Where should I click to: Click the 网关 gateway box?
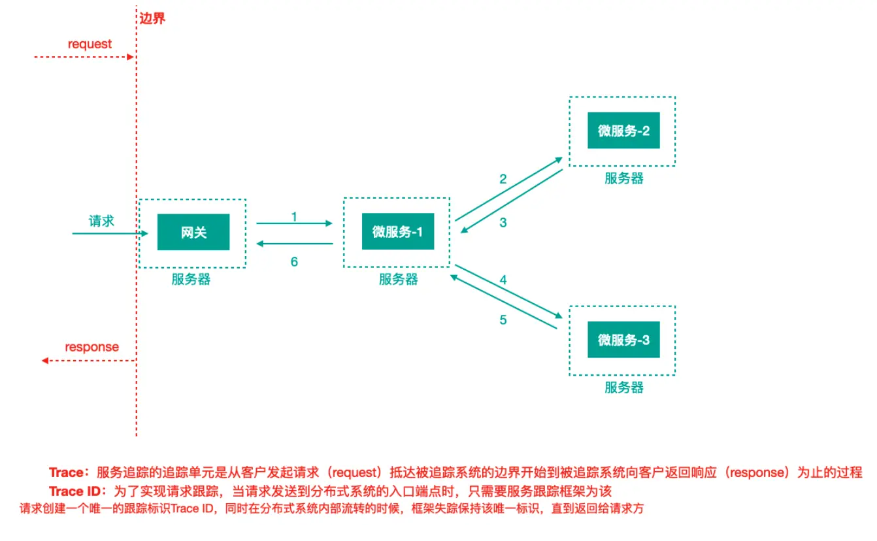pyautogui.click(x=193, y=232)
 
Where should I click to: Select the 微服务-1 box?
pyautogui.click(x=398, y=231)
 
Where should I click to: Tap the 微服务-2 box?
pyautogui.click(x=623, y=131)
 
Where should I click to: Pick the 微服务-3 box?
pyautogui.click(x=623, y=340)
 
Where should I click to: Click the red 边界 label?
pyautogui.click(x=152, y=18)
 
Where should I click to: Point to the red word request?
pyautogui.click(x=90, y=44)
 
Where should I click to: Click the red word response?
pyautogui.click(x=92, y=347)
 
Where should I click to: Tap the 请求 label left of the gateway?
pyautogui.click(x=101, y=221)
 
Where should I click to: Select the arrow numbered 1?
pyautogui.click(x=295, y=223)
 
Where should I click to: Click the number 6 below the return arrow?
pyautogui.click(x=294, y=261)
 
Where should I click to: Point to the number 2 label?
pyautogui.click(x=503, y=179)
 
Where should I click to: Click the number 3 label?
pyautogui.click(x=503, y=222)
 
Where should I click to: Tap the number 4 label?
pyautogui.click(x=503, y=280)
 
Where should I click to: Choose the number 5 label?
pyautogui.click(x=503, y=320)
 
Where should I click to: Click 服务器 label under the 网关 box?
pyautogui.click(x=191, y=280)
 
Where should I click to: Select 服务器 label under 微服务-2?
pyautogui.click(x=623, y=178)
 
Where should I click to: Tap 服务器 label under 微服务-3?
pyautogui.click(x=623, y=387)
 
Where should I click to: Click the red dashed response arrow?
pyautogui.click(x=88, y=360)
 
